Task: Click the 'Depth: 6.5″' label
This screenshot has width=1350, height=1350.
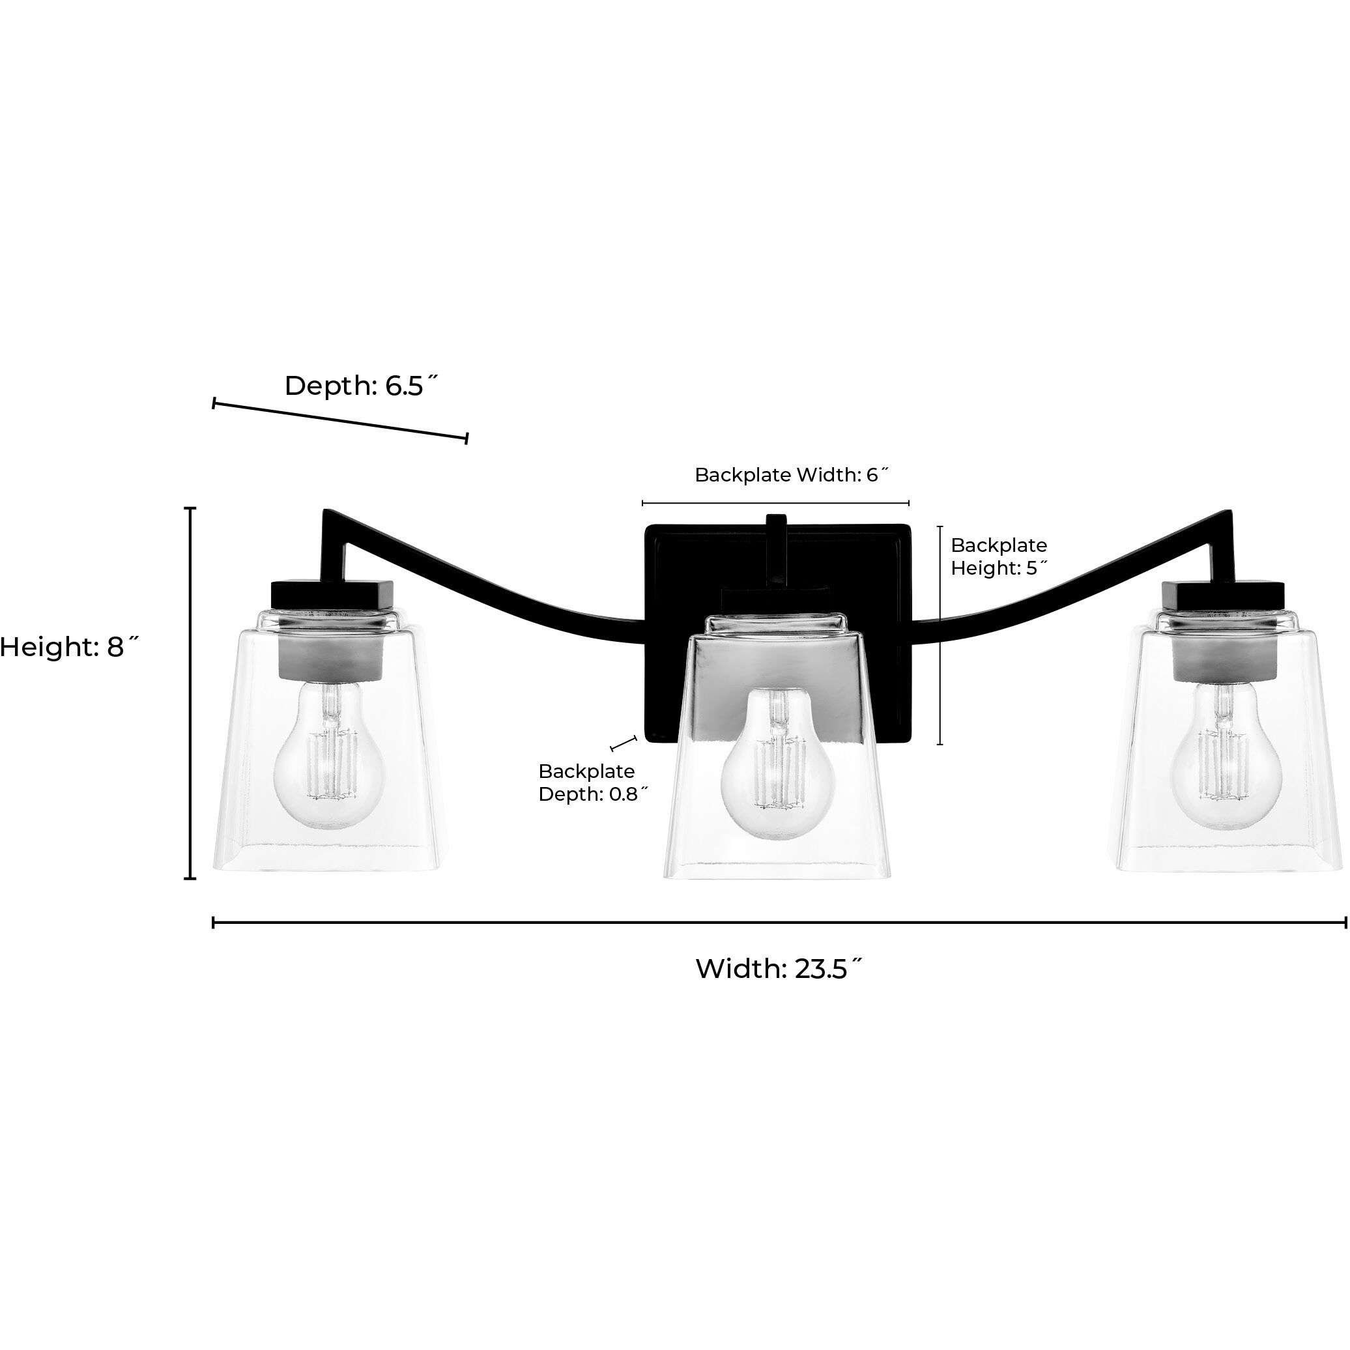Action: click(x=362, y=386)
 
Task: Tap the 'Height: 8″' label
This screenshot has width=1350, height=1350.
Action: click(x=70, y=647)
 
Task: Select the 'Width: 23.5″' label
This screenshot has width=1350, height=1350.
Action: click(x=779, y=968)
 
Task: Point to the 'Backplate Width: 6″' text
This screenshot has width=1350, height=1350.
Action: click(x=792, y=475)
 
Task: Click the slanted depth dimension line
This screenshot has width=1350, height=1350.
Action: click(x=340, y=421)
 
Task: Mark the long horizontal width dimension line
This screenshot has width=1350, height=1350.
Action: click(x=779, y=923)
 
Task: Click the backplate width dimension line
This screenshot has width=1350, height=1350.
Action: click(x=775, y=502)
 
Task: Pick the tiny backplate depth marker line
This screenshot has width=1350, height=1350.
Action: click(x=624, y=743)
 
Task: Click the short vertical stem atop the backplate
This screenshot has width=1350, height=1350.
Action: click(x=775, y=549)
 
